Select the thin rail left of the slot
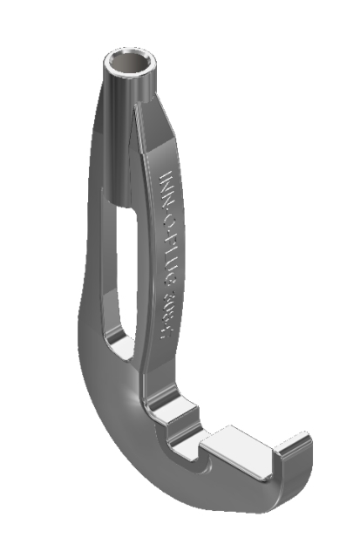click(x=108, y=262)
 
